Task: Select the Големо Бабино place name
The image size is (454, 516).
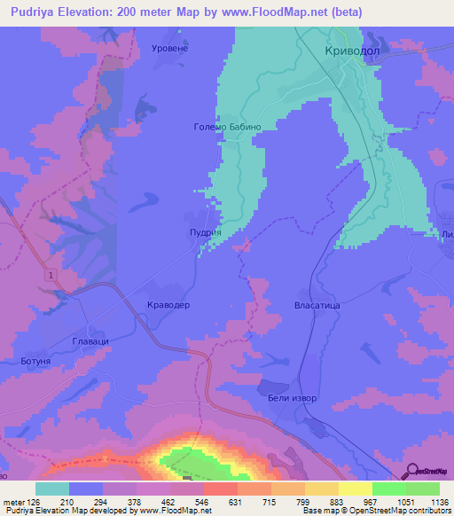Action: pos(227,127)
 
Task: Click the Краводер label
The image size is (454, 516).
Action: pos(168,305)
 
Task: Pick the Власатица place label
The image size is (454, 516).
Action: pos(317,305)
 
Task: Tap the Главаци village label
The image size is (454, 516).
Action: pos(90,340)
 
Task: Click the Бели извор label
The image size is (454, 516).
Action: pos(293,398)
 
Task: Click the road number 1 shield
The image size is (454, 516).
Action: pos(52,277)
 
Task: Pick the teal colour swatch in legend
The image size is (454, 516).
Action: pos(52,489)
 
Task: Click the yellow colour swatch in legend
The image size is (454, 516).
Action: pos(356,489)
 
